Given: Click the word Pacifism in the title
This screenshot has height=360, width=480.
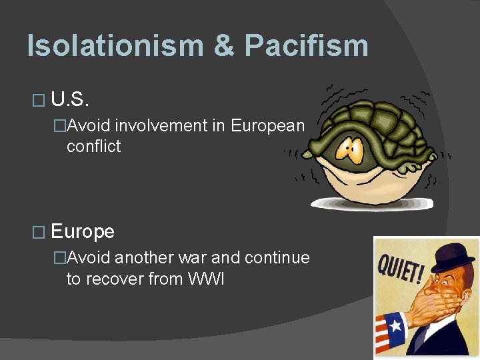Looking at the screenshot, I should pos(306,45).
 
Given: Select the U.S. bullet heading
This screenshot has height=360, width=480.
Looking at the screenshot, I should pos(70,100).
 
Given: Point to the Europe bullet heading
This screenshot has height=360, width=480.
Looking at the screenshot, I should pos(83,231).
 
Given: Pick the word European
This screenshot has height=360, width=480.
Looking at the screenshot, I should pos(267,125).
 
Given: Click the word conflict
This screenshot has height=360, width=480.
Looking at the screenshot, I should pos(93,147).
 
